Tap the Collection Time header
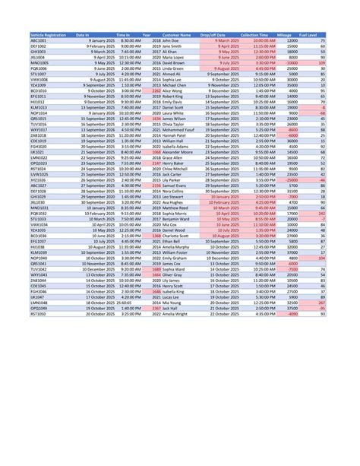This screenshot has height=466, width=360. tap(258, 35)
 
